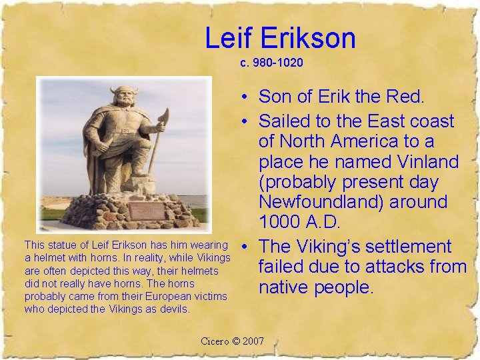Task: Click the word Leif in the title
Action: [x=227, y=38]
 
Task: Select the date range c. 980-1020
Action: [x=272, y=63]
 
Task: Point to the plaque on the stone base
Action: [x=147, y=211]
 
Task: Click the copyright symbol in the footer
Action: [x=235, y=341]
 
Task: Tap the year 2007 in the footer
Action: [x=253, y=341]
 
